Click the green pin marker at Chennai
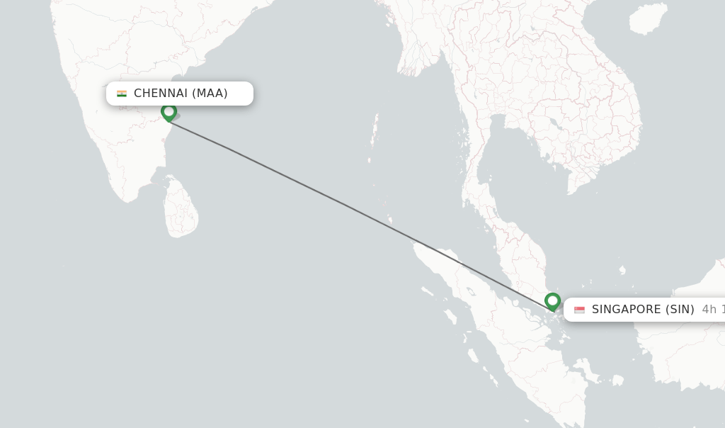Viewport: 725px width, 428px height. (x=169, y=112)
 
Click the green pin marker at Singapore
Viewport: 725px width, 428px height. (x=552, y=301)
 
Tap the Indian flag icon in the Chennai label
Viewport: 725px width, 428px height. (x=122, y=94)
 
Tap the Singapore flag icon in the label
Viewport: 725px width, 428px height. (x=579, y=310)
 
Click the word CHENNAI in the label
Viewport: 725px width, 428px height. (x=161, y=94)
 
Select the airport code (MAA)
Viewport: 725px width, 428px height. (x=210, y=94)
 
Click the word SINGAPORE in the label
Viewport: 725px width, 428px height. (x=625, y=310)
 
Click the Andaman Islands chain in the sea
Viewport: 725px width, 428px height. (x=374, y=138)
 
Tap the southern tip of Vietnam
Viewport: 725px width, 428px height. (x=571, y=191)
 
